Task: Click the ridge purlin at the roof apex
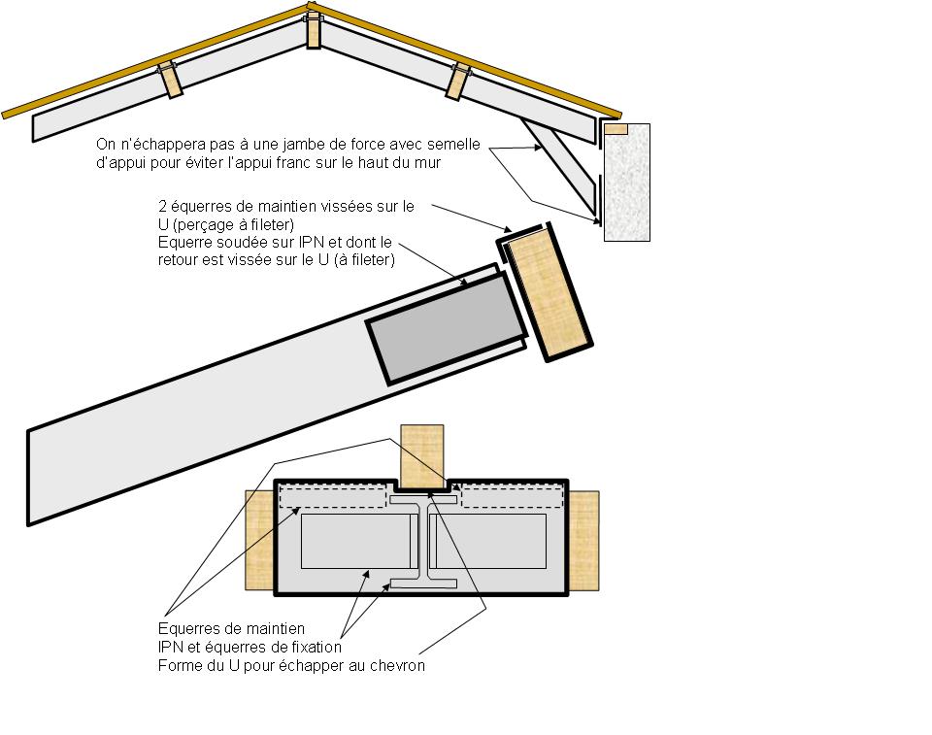coord(314,30)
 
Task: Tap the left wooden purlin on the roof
coord(171,81)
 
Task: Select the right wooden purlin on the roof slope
coord(455,82)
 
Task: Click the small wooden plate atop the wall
coord(616,128)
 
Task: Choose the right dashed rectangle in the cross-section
coord(512,495)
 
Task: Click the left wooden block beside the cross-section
coord(259,540)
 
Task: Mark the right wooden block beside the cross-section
coord(583,540)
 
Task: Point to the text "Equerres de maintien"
coord(231,629)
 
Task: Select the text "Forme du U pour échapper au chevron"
coord(291,666)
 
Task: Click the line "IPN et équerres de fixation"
coord(250,648)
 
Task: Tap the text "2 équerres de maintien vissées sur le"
coord(285,206)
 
